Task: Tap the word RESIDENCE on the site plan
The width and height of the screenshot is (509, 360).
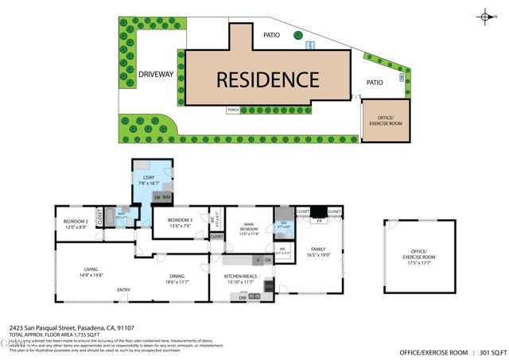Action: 267,79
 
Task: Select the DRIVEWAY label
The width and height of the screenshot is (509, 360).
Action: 156,75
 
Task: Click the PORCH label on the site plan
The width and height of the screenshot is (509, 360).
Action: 232,110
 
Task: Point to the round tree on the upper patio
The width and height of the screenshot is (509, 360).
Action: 297,35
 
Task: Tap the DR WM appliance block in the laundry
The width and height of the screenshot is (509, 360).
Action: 162,197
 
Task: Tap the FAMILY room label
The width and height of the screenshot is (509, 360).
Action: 318,249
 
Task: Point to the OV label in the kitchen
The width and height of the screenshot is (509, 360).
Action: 267,261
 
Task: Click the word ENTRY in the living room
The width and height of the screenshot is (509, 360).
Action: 123,289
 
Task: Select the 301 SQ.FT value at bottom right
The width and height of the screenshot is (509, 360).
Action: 488,352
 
